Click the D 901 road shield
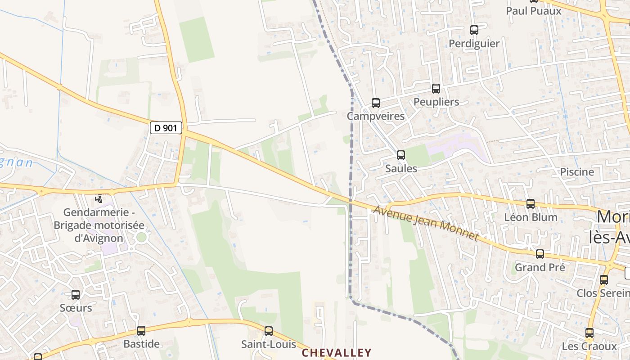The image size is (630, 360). (166, 128)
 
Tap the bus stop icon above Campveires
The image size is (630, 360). (376, 103)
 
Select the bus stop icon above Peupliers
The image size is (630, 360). (436, 89)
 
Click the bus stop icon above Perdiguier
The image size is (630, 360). (474, 30)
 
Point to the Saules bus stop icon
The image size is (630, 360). (400, 155)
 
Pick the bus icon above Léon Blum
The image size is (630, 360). (531, 204)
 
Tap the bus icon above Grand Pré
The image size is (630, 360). (540, 254)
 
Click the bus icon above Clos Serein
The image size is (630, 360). (604, 280)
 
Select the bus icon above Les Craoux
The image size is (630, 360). (589, 333)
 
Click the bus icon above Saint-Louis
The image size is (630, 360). (269, 331)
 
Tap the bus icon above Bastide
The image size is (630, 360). (141, 331)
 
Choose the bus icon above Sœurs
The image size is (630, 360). (76, 295)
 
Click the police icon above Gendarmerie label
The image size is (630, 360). (99, 198)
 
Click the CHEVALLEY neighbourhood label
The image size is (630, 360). (337, 353)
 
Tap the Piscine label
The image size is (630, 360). (577, 172)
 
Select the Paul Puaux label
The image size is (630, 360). (534, 11)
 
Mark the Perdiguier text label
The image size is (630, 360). (474, 44)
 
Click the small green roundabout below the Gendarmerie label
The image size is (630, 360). (141, 237)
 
